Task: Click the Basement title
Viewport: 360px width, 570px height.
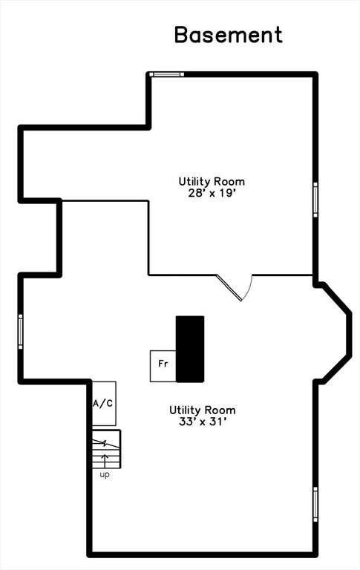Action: [x=229, y=35]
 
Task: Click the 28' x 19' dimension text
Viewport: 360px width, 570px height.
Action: [x=210, y=193]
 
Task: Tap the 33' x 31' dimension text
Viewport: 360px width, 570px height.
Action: [x=203, y=422]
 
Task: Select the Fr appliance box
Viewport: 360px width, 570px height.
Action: [x=163, y=366]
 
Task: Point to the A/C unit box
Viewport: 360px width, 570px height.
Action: [x=104, y=404]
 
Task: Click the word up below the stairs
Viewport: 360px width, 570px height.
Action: [x=105, y=475]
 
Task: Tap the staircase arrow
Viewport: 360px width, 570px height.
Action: [x=106, y=461]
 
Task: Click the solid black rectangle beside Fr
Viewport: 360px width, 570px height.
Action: [x=190, y=349]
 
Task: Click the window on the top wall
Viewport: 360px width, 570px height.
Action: [x=167, y=74]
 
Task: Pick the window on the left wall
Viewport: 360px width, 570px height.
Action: [x=20, y=332]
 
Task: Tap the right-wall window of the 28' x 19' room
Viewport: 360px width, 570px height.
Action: [x=315, y=200]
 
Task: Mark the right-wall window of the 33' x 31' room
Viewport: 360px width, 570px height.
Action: [x=315, y=505]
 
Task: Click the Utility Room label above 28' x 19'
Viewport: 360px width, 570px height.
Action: [x=212, y=181]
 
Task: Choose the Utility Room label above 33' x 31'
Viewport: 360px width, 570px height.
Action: [x=203, y=410]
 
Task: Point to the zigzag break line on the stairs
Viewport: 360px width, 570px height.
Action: [x=105, y=444]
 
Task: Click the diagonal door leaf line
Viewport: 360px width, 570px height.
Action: [x=229, y=287]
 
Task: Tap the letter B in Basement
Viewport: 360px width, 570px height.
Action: [x=181, y=35]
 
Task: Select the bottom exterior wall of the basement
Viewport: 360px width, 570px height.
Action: [x=203, y=554]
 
